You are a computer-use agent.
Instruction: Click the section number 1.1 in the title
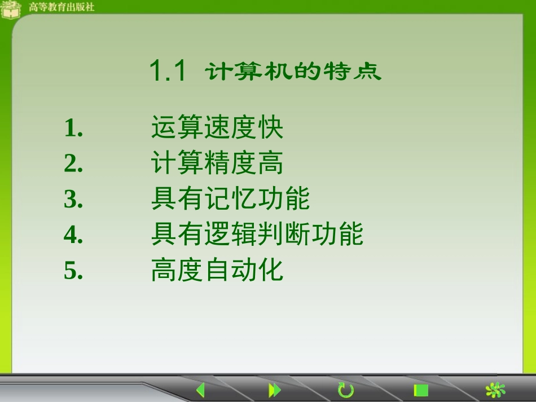click(168, 72)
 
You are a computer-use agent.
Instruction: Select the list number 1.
click(73, 129)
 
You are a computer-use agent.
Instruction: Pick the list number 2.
click(73, 164)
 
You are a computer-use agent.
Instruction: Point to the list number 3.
click(73, 200)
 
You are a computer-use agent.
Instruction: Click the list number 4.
click(73, 235)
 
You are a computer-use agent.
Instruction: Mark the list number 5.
click(73, 271)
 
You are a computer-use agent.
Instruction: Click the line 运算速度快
click(217, 128)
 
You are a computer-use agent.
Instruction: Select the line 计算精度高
click(217, 164)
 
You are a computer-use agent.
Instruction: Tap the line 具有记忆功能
click(230, 199)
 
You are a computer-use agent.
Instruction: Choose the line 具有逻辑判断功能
click(257, 235)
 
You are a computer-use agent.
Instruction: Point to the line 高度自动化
click(217, 271)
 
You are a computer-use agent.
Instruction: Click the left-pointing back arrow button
click(200, 390)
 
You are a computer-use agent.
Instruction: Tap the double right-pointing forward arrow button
click(274, 390)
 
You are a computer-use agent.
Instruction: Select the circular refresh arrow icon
click(345, 390)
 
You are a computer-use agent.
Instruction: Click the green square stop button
click(421, 390)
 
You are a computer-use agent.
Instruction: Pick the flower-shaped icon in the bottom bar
click(495, 390)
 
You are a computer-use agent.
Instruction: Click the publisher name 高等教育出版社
click(61, 7)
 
